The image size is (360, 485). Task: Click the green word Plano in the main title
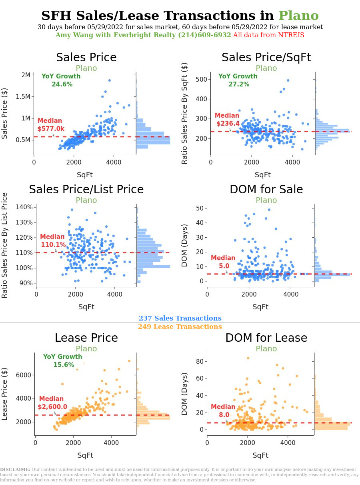click(x=298, y=16)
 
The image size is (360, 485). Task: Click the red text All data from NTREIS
click(x=268, y=35)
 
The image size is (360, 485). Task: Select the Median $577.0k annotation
click(x=50, y=125)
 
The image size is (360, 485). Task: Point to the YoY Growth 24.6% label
click(x=61, y=80)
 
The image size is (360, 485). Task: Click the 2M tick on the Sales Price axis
click(x=26, y=75)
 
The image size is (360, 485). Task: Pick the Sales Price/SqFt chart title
click(x=266, y=58)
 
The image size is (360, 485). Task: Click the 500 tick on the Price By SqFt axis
click(x=201, y=79)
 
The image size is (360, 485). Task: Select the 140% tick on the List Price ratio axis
click(x=24, y=207)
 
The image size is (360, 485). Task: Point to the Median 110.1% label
click(x=53, y=241)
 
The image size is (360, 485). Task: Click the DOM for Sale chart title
click(x=266, y=190)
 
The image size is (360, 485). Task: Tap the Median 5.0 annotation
click(x=223, y=262)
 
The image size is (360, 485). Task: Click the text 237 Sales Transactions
click(x=180, y=319)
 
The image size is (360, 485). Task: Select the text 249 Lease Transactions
click(x=180, y=327)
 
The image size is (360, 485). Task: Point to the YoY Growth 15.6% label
click(x=63, y=361)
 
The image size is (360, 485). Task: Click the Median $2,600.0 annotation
click(x=52, y=403)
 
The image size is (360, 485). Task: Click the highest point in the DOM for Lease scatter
click(x=248, y=358)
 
